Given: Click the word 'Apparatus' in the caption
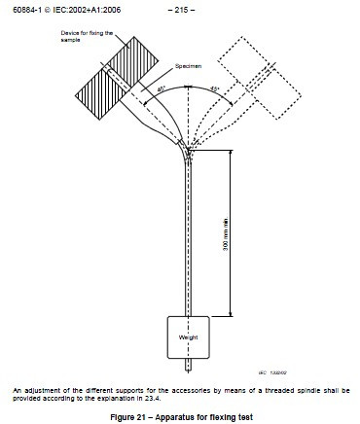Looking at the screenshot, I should [174, 415].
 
